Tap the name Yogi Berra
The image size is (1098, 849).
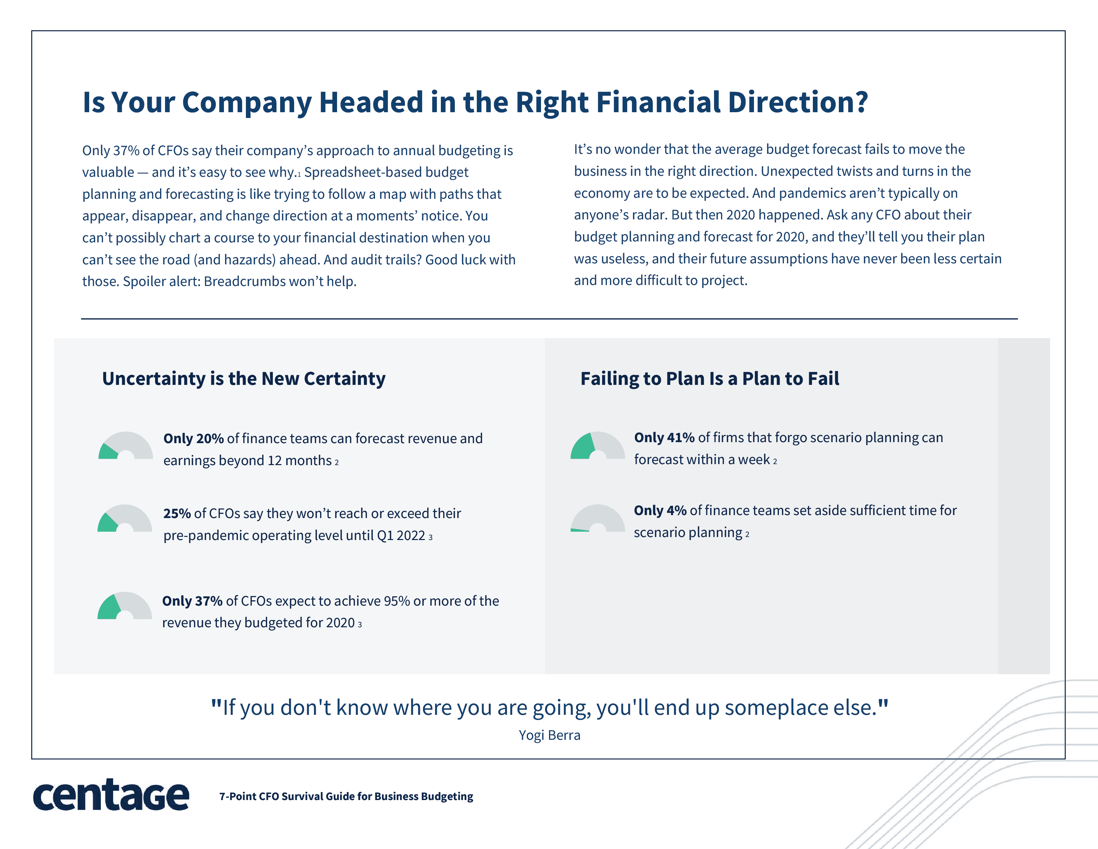click(x=550, y=735)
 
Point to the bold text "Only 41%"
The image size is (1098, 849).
click(x=664, y=437)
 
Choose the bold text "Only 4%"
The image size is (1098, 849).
click(x=660, y=510)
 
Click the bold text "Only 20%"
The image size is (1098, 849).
click(x=194, y=438)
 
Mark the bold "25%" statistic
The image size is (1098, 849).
click(x=177, y=513)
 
